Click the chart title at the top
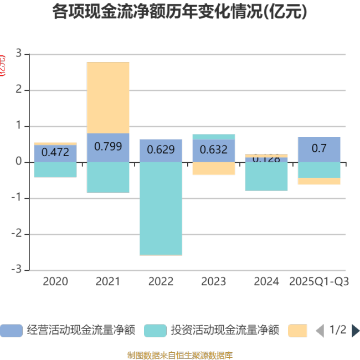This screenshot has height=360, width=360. [x=179, y=12]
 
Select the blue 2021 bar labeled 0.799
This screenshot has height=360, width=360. [x=108, y=147]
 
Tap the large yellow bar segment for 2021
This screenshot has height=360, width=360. [x=108, y=97]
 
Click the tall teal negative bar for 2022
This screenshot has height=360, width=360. [x=161, y=208]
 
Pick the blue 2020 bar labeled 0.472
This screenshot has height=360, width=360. [x=55, y=153]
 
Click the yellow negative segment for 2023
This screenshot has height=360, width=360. [x=213, y=168]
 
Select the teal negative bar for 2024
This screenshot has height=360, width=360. [x=266, y=176]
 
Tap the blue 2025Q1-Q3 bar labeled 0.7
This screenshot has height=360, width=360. [x=319, y=149]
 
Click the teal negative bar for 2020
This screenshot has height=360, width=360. [x=55, y=169]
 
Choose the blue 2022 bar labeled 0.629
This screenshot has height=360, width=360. [x=161, y=150]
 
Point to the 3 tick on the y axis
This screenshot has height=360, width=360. [x=19, y=54]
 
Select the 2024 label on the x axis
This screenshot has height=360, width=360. [x=266, y=281]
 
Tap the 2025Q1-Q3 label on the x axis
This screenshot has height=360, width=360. [x=319, y=281]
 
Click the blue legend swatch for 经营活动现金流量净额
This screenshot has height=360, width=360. [x=11, y=331]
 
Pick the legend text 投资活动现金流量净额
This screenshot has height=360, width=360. [x=224, y=331]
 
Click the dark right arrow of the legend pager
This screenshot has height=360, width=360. [x=356, y=331]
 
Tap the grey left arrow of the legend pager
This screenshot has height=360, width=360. [x=320, y=331]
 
